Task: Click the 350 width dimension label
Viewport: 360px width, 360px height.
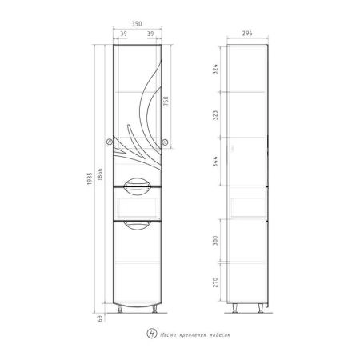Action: [137, 24]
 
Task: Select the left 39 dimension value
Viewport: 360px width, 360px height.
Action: [123, 34]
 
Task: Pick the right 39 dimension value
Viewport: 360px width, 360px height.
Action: [150, 34]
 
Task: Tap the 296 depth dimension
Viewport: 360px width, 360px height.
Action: [247, 34]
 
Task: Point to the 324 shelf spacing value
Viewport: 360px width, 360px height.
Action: [215, 69]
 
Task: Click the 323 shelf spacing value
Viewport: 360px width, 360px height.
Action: [215, 114]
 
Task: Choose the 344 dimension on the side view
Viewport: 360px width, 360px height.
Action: [215, 162]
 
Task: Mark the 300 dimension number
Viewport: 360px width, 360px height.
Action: [215, 241]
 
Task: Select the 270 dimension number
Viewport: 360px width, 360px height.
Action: [215, 282]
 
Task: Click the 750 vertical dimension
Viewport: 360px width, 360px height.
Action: [166, 102]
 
